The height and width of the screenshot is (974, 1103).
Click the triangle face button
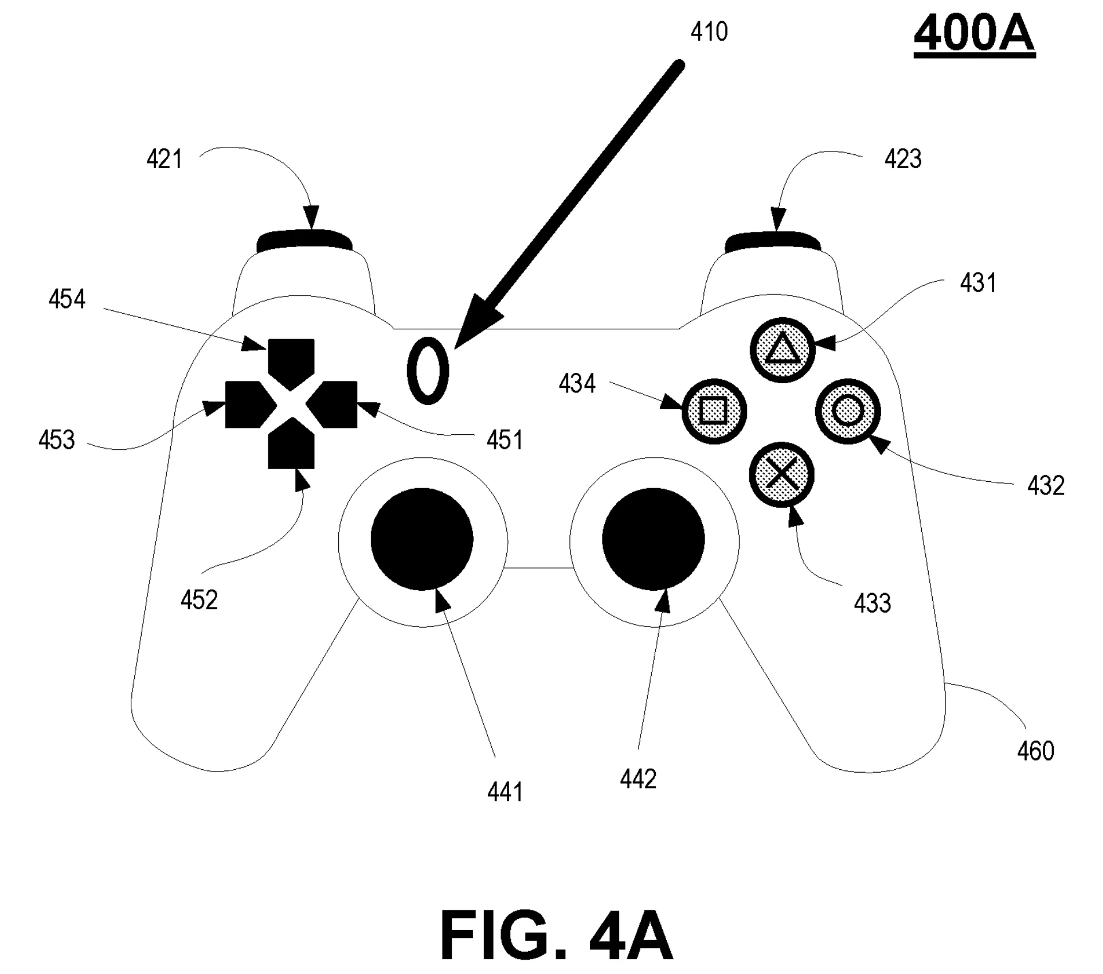(782, 349)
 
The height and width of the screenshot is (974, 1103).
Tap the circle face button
(847, 411)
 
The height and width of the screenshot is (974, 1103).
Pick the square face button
(714, 411)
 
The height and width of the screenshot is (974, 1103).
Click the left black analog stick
(422, 539)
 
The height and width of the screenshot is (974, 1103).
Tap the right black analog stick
(653, 539)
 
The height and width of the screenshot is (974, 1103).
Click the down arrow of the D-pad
(291, 446)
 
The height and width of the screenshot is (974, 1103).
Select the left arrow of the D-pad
(245, 404)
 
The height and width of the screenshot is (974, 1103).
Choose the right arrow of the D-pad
(335, 404)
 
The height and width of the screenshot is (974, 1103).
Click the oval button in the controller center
(428, 371)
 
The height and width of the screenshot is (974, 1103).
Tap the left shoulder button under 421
(304, 241)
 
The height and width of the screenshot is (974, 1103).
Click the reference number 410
(709, 32)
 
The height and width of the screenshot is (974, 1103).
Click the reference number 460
(1035, 751)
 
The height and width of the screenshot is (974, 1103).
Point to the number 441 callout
(505, 792)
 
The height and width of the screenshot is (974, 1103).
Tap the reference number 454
(67, 299)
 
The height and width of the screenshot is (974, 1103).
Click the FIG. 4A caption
(556, 935)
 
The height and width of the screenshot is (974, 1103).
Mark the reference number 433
(872, 603)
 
